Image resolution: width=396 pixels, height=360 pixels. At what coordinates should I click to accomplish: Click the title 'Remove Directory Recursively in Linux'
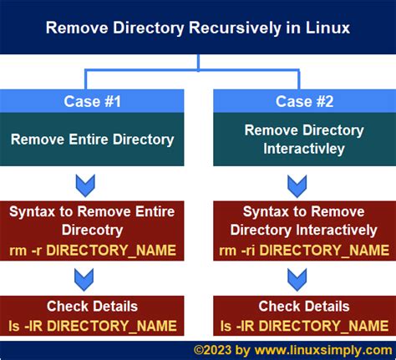(197, 28)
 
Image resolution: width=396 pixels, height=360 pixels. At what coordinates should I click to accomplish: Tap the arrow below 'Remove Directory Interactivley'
(297, 185)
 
